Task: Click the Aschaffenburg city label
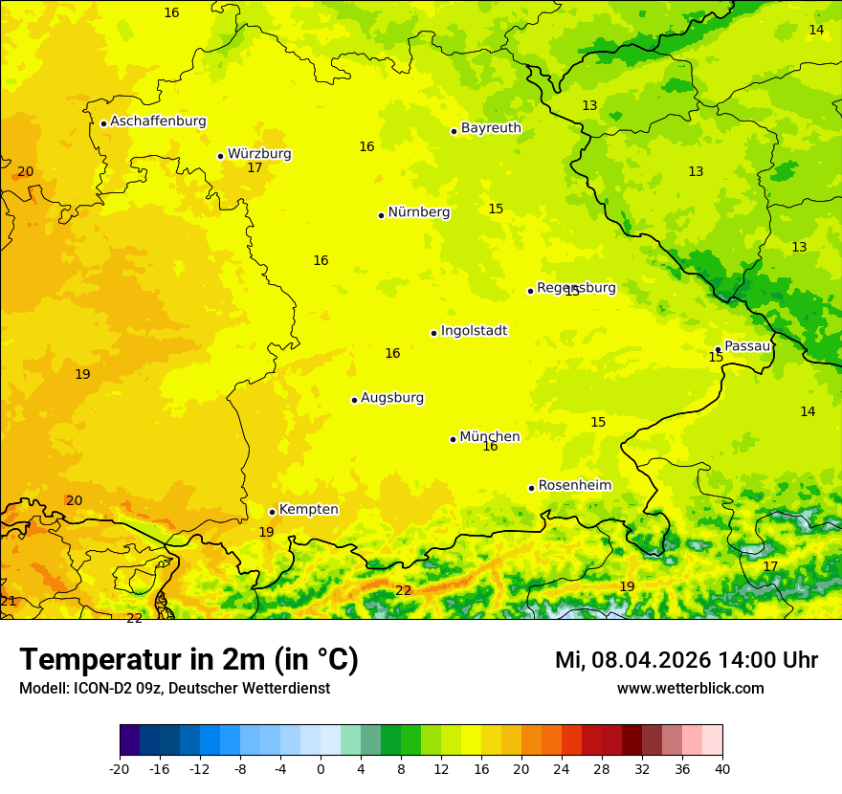click(x=158, y=121)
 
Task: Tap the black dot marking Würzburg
click(x=220, y=156)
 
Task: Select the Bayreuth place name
click(x=491, y=128)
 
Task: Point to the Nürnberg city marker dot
click(x=381, y=215)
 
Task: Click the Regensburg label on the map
click(x=576, y=288)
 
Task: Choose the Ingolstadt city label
click(x=474, y=331)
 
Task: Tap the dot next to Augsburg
click(x=354, y=400)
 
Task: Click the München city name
click(x=490, y=437)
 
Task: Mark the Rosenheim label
click(x=574, y=486)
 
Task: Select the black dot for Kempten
click(x=272, y=512)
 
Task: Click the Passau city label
click(x=747, y=346)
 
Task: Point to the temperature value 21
click(x=8, y=601)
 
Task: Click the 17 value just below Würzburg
click(x=255, y=168)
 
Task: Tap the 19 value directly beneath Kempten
click(x=266, y=532)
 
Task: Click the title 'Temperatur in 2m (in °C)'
click(x=188, y=660)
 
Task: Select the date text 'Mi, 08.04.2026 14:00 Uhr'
click(x=686, y=660)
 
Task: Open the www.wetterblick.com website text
click(x=690, y=689)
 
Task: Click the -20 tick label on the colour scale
click(x=119, y=768)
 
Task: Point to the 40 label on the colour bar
click(x=722, y=768)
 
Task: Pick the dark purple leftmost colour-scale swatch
click(x=129, y=740)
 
